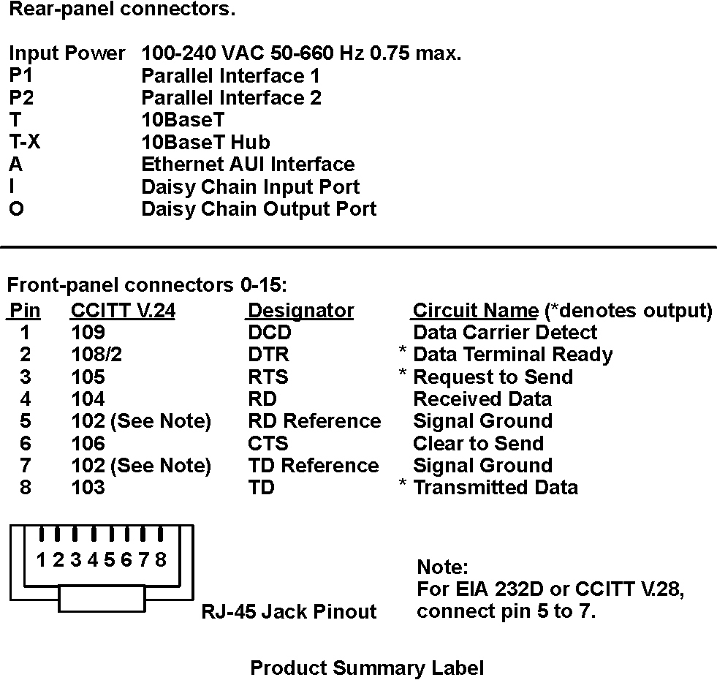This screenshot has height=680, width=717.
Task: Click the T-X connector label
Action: tap(25, 141)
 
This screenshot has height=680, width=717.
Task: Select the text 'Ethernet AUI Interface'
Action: tap(248, 165)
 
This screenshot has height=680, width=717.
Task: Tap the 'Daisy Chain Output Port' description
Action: tap(259, 210)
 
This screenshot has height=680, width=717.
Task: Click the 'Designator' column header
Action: tap(300, 311)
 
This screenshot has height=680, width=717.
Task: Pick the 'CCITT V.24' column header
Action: tap(123, 311)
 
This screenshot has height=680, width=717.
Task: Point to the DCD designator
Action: tap(270, 333)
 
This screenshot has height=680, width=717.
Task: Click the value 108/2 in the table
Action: tap(96, 355)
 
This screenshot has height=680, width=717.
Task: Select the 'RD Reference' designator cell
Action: tap(314, 421)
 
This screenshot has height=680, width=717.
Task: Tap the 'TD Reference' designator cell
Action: tap(314, 465)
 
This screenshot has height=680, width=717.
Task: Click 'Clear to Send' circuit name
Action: tap(478, 443)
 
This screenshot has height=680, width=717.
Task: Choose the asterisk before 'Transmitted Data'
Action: tap(403, 483)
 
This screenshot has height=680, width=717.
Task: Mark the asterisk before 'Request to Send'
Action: tap(403, 372)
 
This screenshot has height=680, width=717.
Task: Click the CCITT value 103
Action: tap(88, 488)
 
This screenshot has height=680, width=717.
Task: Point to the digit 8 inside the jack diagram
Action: tap(161, 559)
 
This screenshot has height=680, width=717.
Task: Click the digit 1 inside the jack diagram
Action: tap(41, 559)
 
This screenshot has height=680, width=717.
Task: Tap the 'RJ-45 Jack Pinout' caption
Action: tap(289, 611)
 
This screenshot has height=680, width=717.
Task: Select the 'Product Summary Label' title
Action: tap(367, 668)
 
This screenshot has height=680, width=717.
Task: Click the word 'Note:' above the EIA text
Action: tap(442, 567)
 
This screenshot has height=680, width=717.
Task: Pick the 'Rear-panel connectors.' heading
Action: tap(122, 10)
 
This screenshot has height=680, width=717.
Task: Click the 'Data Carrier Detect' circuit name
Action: tap(505, 333)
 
